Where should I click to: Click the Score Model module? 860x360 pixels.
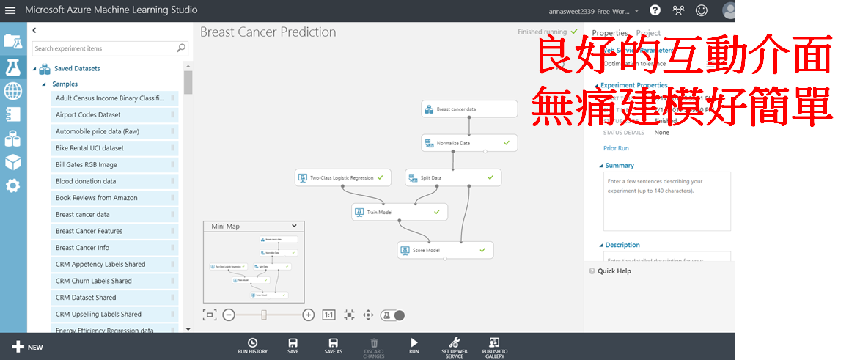[445, 250]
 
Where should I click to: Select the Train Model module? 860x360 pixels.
[399, 212]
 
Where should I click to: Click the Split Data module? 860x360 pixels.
[452, 177]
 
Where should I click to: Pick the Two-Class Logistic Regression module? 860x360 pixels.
[342, 177]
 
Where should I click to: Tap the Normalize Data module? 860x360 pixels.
[468, 143]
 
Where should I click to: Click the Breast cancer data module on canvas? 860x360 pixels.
[469, 109]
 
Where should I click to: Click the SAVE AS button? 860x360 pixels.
[333, 346]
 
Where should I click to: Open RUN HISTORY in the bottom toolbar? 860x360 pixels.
[252, 346]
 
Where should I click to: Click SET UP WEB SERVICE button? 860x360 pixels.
[454, 347]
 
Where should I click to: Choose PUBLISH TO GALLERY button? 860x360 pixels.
[494, 347]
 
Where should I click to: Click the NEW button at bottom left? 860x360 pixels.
[27, 347]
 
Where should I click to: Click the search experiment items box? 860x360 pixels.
[103, 48]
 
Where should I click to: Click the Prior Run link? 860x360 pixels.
[616, 148]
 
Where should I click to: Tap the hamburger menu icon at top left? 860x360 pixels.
[10, 11]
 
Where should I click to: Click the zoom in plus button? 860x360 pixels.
[309, 315]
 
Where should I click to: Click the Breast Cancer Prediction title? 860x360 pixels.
[268, 32]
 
